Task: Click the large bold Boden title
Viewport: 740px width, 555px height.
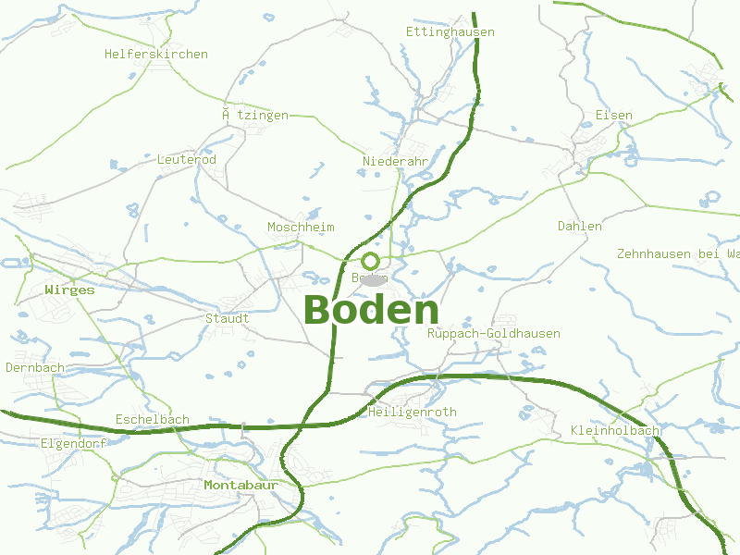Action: point(371,310)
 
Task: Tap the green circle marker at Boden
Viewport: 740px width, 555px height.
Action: point(371,261)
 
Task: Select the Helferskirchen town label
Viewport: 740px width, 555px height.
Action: point(156,55)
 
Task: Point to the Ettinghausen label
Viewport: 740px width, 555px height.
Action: point(450,32)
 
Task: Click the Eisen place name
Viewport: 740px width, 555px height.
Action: point(614,116)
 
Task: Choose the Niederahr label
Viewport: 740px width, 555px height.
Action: point(396,162)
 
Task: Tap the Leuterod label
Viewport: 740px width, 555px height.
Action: point(187,160)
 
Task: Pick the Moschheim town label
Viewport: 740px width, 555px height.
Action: point(301,228)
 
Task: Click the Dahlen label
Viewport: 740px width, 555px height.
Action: point(580,227)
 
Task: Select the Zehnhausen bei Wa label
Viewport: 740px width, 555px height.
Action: point(679,253)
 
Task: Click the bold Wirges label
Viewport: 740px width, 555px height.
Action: point(69,290)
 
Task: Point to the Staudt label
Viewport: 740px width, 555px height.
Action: point(228,319)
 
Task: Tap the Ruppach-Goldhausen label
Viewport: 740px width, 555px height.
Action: point(494,334)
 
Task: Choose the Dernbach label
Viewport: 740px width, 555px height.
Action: point(35,368)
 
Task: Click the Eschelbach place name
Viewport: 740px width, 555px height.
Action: point(153,420)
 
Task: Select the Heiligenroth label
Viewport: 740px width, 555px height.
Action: point(413,413)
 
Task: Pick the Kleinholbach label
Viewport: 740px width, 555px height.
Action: point(616,432)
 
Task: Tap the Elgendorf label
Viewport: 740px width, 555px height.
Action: point(74,444)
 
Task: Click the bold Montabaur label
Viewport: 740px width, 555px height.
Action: point(240,486)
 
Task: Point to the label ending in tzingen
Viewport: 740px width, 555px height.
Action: point(255,116)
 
